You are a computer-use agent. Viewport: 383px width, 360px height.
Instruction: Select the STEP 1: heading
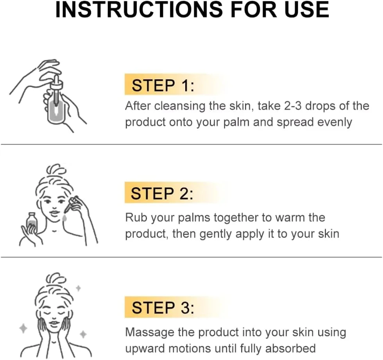[163, 86]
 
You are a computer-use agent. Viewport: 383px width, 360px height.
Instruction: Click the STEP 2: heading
[162, 193]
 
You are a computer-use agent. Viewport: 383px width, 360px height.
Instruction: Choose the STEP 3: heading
[163, 308]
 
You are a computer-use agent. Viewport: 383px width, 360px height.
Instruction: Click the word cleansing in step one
[180, 106]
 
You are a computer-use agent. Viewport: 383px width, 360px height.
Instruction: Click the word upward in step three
[145, 349]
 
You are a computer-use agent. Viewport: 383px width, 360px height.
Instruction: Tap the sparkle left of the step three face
[23, 328]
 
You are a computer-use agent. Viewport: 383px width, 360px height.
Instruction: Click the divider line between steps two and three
[191, 257]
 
